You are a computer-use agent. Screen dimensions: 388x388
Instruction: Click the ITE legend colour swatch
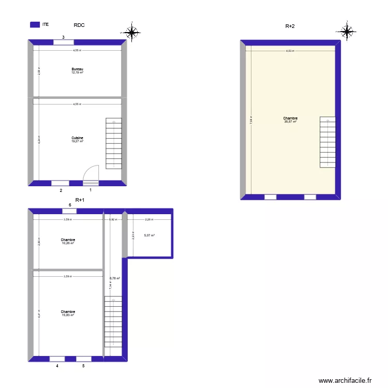(x=35, y=24)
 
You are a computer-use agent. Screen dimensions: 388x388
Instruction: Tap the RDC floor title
(x=79, y=25)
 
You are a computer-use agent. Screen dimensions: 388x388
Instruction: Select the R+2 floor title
(x=290, y=26)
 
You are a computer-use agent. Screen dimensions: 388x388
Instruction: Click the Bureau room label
(x=78, y=69)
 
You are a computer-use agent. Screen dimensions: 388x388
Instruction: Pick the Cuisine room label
(x=78, y=138)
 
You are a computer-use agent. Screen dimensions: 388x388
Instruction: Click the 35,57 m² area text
(x=290, y=122)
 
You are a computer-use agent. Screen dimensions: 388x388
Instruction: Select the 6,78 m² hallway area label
(x=114, y=278)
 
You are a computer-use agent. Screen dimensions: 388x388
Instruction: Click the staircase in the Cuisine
(x=113, y=143)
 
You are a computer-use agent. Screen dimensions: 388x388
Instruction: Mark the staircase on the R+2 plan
(x=327, y=142)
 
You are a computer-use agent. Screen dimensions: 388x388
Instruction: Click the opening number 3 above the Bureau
(x=64, y=37)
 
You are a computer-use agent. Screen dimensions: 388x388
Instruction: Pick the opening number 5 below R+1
(x=83, y=366)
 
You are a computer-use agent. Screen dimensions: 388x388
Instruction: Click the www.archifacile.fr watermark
(x=345, y=380)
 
